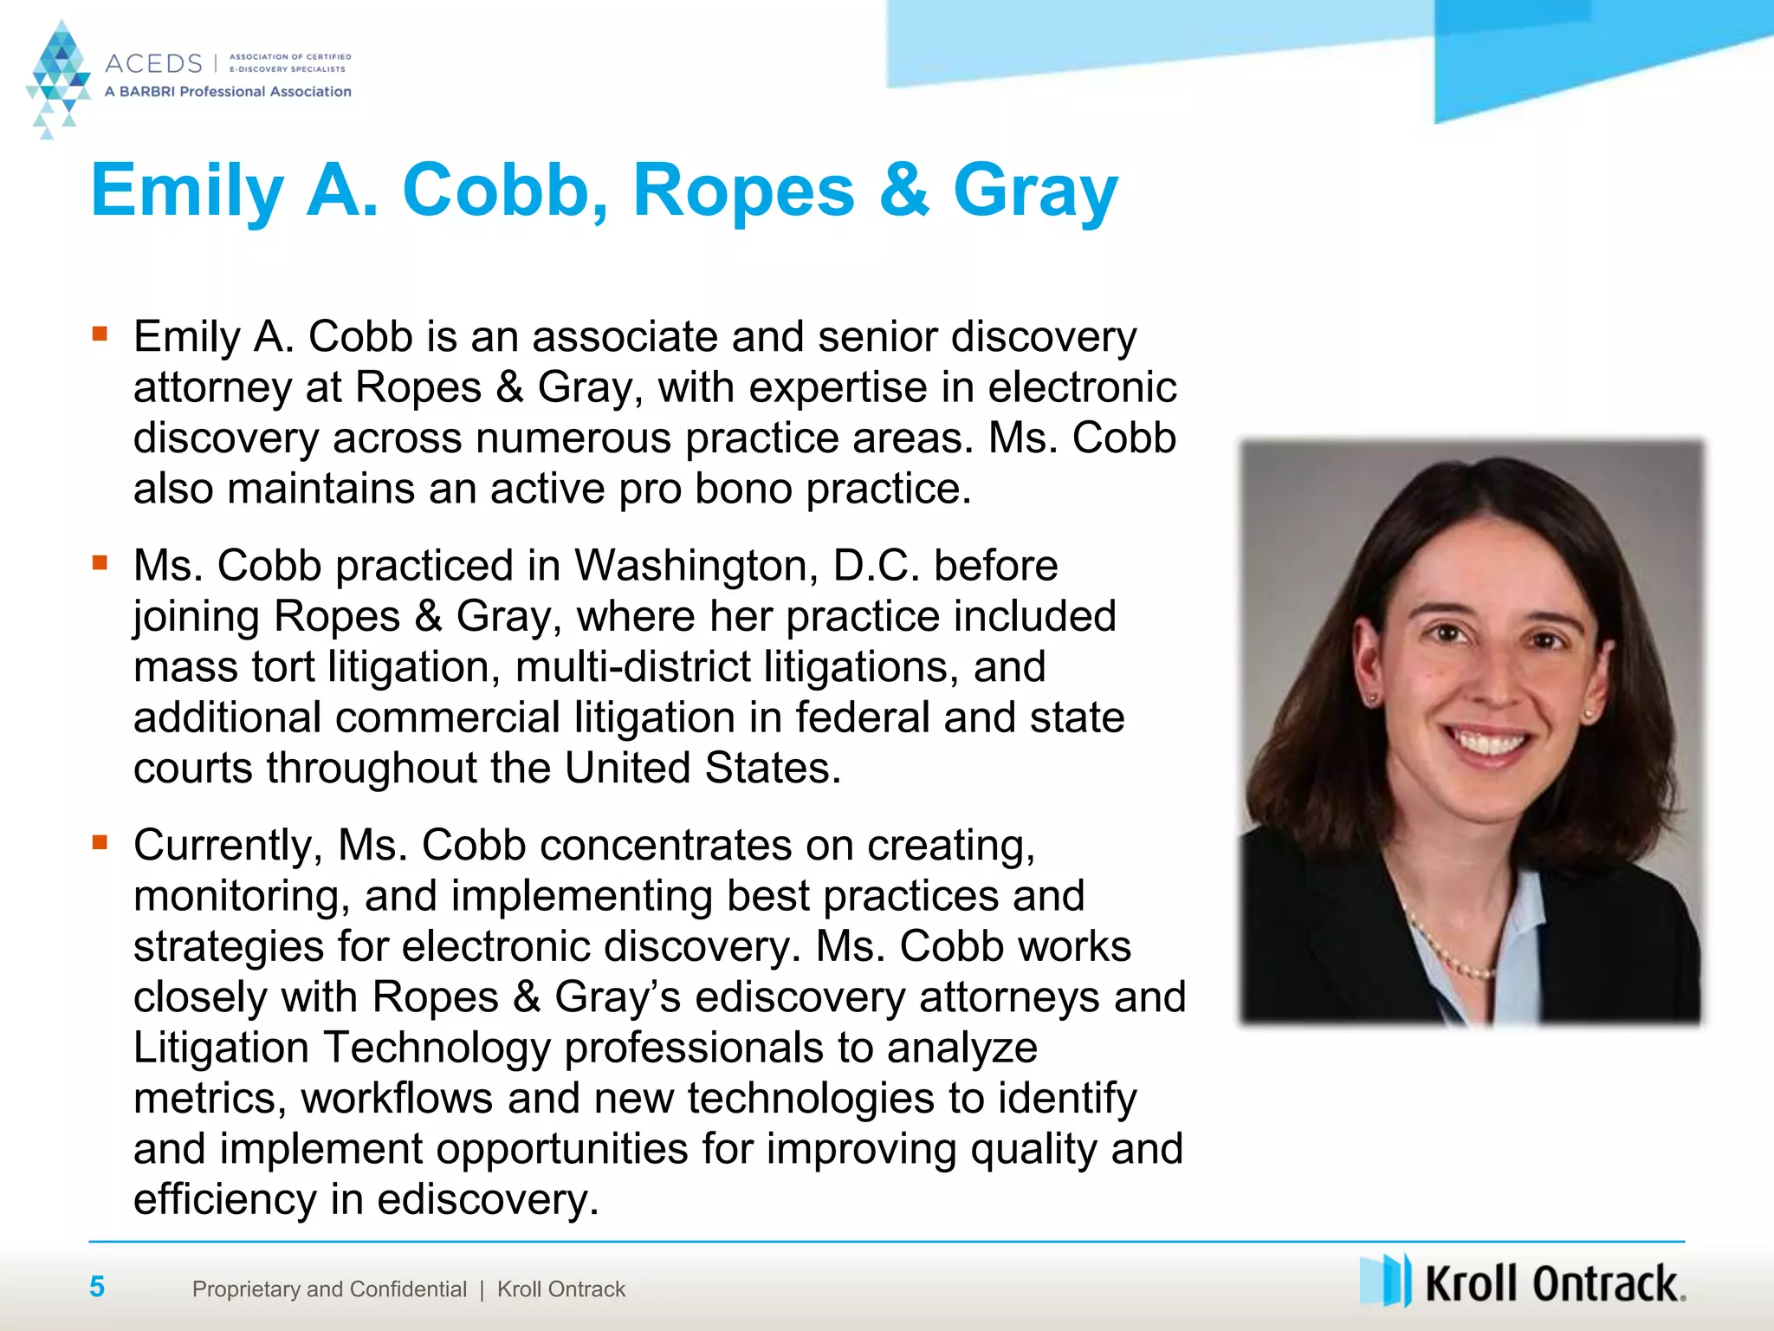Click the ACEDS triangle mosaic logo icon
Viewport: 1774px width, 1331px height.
pyautogui.click(x=58, y=78)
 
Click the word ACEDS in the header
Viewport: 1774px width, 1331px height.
pyautogui.click(x=153, y=63)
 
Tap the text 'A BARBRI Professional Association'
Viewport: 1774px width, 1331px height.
pyautogui.click(x=228, y=92)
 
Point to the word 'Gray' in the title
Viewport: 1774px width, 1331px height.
pyautogui.click(x=1035, y=192)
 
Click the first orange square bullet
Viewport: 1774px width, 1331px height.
pyautogui.click(x=100, y=334)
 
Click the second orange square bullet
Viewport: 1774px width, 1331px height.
pyautogui.click(x=100, y=563)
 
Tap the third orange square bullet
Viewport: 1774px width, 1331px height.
pyautogui.click(x=100, y=842)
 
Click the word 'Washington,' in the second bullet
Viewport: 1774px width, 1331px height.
pyautogui.click(x=696, y=566)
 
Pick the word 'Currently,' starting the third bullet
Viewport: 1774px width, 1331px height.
pyautogui.click(x=228, y=846)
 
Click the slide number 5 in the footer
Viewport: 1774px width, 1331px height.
pyautogui.click(x=97, y=1287)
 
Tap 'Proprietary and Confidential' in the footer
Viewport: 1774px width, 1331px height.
pyautogui.click(x=329, y=1289)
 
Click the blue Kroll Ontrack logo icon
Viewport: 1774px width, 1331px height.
pyautogui.click(x=1386, y=1280)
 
